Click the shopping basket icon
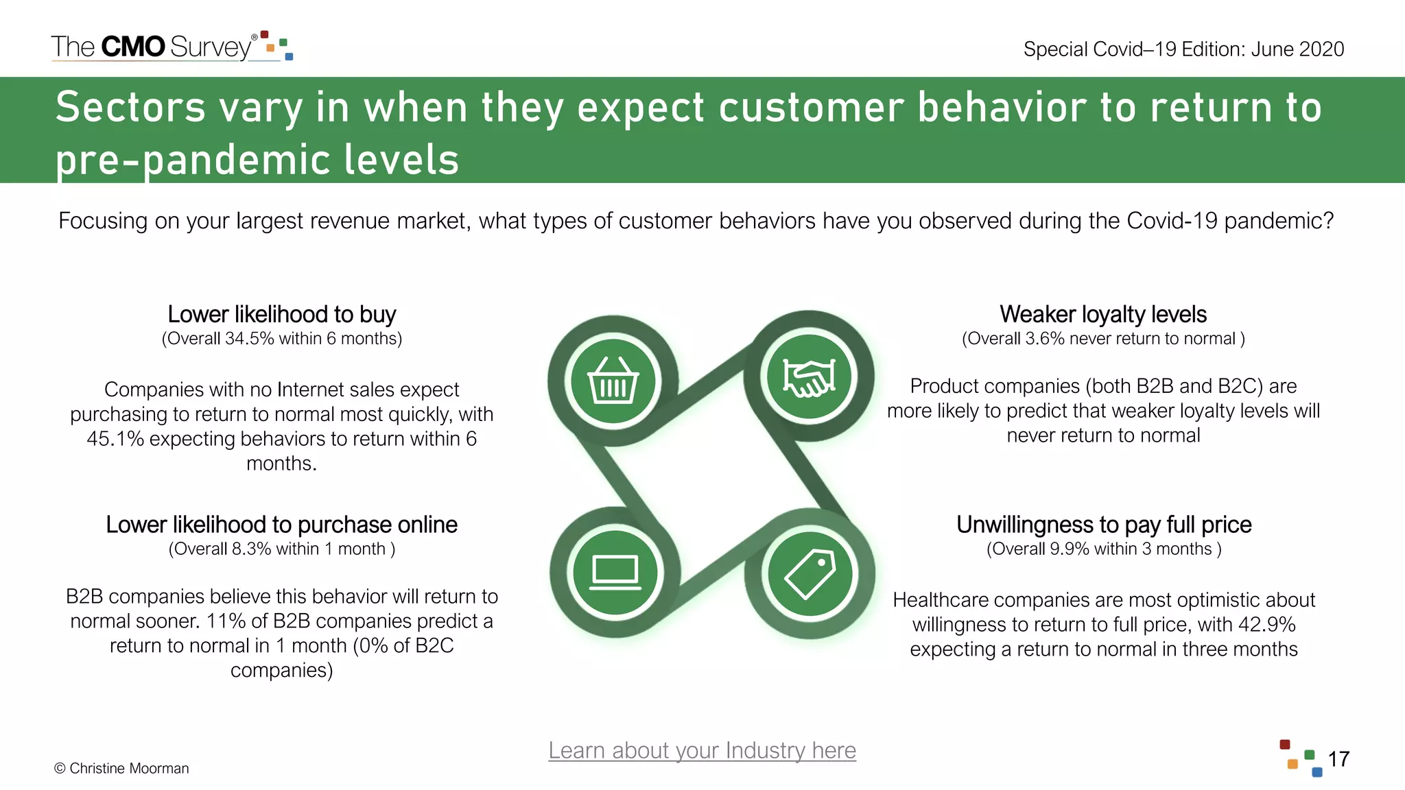[613, 381]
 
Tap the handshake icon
[810, 377]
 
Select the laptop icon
[615, 573]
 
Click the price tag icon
[810, 573]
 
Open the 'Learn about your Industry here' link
[702, 750]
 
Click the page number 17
[1338, 759]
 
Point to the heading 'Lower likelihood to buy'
[281, 314]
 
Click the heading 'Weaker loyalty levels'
[1102, 314]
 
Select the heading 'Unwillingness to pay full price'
[1103, 525]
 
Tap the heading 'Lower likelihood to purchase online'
[281, 525]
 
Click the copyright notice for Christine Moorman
[121, 769]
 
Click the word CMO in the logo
[133, 47]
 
